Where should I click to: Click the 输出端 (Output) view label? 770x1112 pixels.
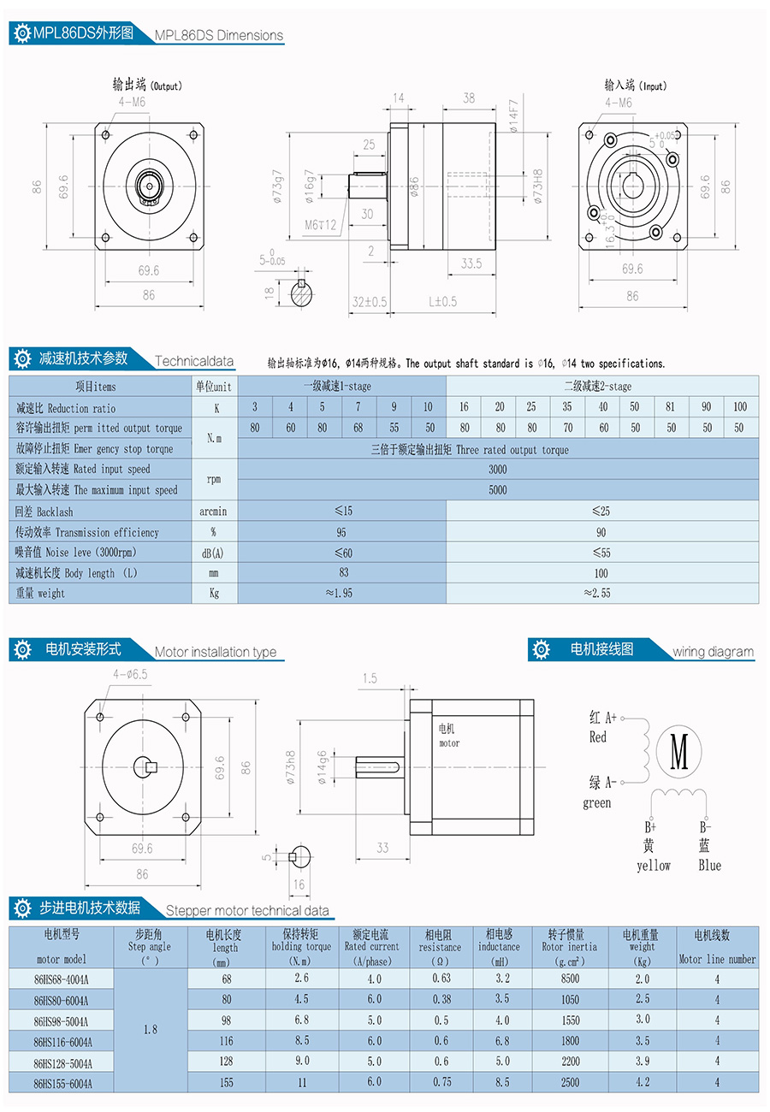[147, 85]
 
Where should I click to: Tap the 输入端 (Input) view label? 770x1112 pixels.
[635, 85]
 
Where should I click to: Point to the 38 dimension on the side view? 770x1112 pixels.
[468, 98]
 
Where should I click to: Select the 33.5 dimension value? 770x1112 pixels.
[471, 263]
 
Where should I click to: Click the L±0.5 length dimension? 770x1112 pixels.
[442, 301]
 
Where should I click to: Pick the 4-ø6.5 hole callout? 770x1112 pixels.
[130, 674]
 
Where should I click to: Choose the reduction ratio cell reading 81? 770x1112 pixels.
[671, 407]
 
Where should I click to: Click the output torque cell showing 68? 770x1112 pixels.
[358, 428]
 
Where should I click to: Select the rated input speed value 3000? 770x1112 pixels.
[497, 469]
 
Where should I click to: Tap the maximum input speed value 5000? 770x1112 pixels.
[497, 490]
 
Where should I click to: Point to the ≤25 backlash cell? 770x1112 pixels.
[601, 511]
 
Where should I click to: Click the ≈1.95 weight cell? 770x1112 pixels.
[342, 593]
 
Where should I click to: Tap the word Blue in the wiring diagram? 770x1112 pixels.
[709, 866]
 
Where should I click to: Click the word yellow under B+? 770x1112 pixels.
[654, 866]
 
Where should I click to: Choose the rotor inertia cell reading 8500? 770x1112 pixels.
[570, 979]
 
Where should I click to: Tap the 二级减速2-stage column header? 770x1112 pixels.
[601, 387]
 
